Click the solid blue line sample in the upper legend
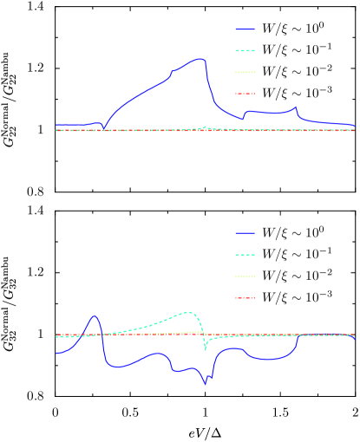(245, 29)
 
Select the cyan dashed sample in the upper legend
(245, 51)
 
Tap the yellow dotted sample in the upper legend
(245, 73)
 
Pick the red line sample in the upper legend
(245, 94)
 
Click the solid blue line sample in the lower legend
(245, 233)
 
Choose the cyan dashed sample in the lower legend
(245, 255)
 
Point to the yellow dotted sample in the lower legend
(245, 276)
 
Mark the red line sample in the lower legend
(245, 298)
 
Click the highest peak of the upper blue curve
(200, 59)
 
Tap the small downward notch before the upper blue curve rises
(104, 128)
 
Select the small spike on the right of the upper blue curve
(296, 107)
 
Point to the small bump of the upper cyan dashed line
(205, 127)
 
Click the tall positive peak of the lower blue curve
(94, 316)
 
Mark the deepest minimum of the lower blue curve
(206, 383)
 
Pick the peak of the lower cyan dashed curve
(188, 312)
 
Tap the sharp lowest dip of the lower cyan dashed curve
(205, 349)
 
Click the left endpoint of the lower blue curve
(56, 353)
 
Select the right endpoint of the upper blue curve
(355, 127)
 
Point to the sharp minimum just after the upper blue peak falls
(242, 119)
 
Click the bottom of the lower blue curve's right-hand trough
(265, 359)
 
